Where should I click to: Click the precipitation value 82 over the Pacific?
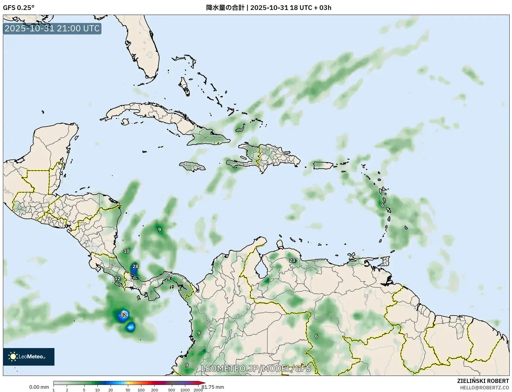point(124,315)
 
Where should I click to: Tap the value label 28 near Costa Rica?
point(135,266)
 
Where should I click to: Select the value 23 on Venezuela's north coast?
point(292,260)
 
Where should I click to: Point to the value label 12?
point(117,279)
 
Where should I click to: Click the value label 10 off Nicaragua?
point(126,251)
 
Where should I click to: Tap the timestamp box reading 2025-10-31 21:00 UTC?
point(52,28)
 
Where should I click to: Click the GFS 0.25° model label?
point(19,8)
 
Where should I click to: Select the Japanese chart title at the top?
point(268,8)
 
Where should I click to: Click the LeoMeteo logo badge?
point(29,357)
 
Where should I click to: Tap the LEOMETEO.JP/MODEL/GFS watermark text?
point(256,368)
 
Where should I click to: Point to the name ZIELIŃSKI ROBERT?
point(483,381)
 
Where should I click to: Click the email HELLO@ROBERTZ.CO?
point(484,388)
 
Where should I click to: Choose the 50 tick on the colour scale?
point(128,390)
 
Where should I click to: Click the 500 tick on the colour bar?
point(172,390)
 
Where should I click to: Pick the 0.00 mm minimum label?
point(39,387)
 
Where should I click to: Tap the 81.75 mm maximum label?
point(213,387)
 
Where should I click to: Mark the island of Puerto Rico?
point(323,165)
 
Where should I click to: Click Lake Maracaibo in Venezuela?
point(260,268)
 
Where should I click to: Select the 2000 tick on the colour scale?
point(198,390)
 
